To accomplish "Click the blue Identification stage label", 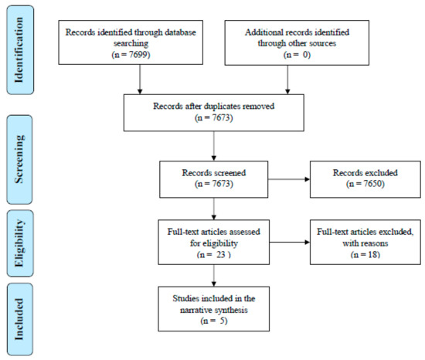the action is (x=20, y=50).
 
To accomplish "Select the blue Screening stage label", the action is (x=19, y=160).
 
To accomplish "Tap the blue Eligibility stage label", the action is (x=20, y=243).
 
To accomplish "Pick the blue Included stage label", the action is (x=20, y=319).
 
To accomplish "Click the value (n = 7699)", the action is (x=131, y=54).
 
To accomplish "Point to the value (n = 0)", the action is (x=297, y=55).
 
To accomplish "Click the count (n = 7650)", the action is (x=365, y=184).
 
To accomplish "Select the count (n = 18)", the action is (x=365, y=255).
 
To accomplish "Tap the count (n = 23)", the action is (x=214, y=255).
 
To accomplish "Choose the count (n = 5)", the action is (x=214, y=321).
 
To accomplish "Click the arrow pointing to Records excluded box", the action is (x=289, y=179).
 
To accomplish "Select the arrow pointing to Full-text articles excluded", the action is (x=290, y=242).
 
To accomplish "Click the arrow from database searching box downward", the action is (x=140, y=80).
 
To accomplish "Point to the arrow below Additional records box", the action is (x=287, y=80).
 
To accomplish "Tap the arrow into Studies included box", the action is (x=214, y=276).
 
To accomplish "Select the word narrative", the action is (x=196, y=310).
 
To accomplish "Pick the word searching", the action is (x=131, y=43).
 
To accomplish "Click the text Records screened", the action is (x=214, y=172).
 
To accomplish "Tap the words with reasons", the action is (x=365, y=243).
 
